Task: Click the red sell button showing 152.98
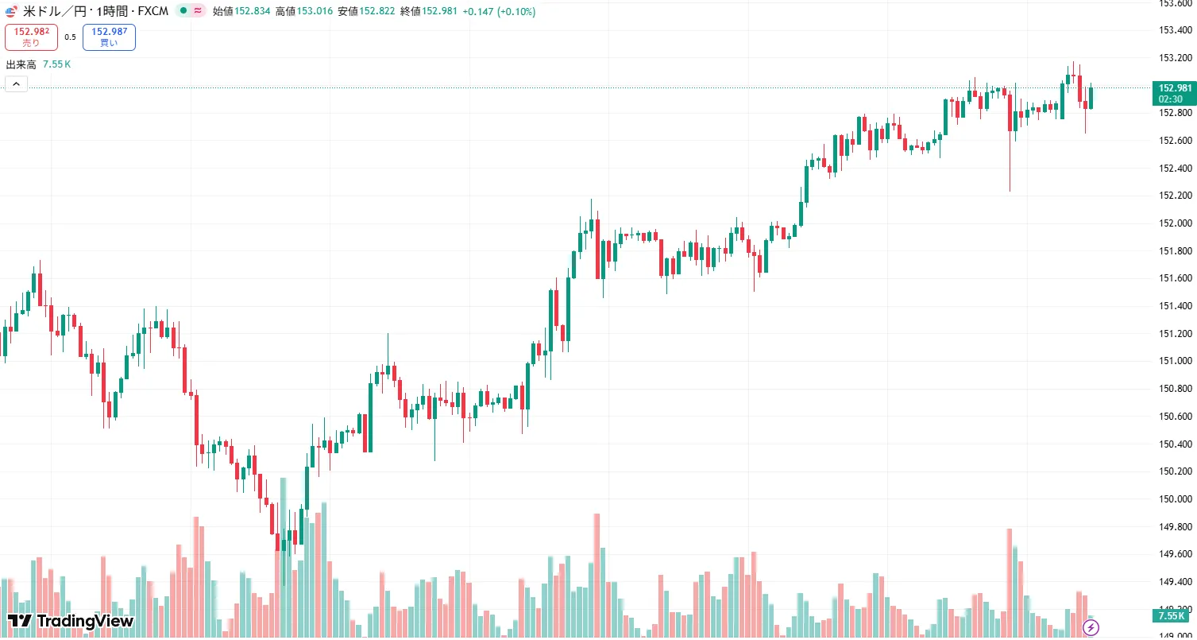[x=31, y=37]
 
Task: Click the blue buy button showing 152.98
[x=109, y=37]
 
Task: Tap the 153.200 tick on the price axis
[x=1176, y=58]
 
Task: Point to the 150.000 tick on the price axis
[x=1176, y=499]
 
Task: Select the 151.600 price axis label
[x=1176, y=278]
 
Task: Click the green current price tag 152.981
[x=1175, y=93]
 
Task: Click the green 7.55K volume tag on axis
[x=1172, y=616]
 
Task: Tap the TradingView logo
[x=71, y=621]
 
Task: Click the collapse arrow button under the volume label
[x=16, y=84]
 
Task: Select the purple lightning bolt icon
[x=1091, y=628]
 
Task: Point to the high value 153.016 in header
[x=315, y=12]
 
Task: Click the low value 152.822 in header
[x=377, y=12]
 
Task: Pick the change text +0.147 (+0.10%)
[x=500, y=12]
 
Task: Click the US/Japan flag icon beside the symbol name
[x=11, y=12]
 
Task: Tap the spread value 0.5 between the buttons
[x=70, y=37]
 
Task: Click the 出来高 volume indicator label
[x=21, y=64]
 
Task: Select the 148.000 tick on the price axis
[x=1176, y=636]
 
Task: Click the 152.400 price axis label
[x=1176, y=169]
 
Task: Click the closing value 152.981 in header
[x=439, y=12]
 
